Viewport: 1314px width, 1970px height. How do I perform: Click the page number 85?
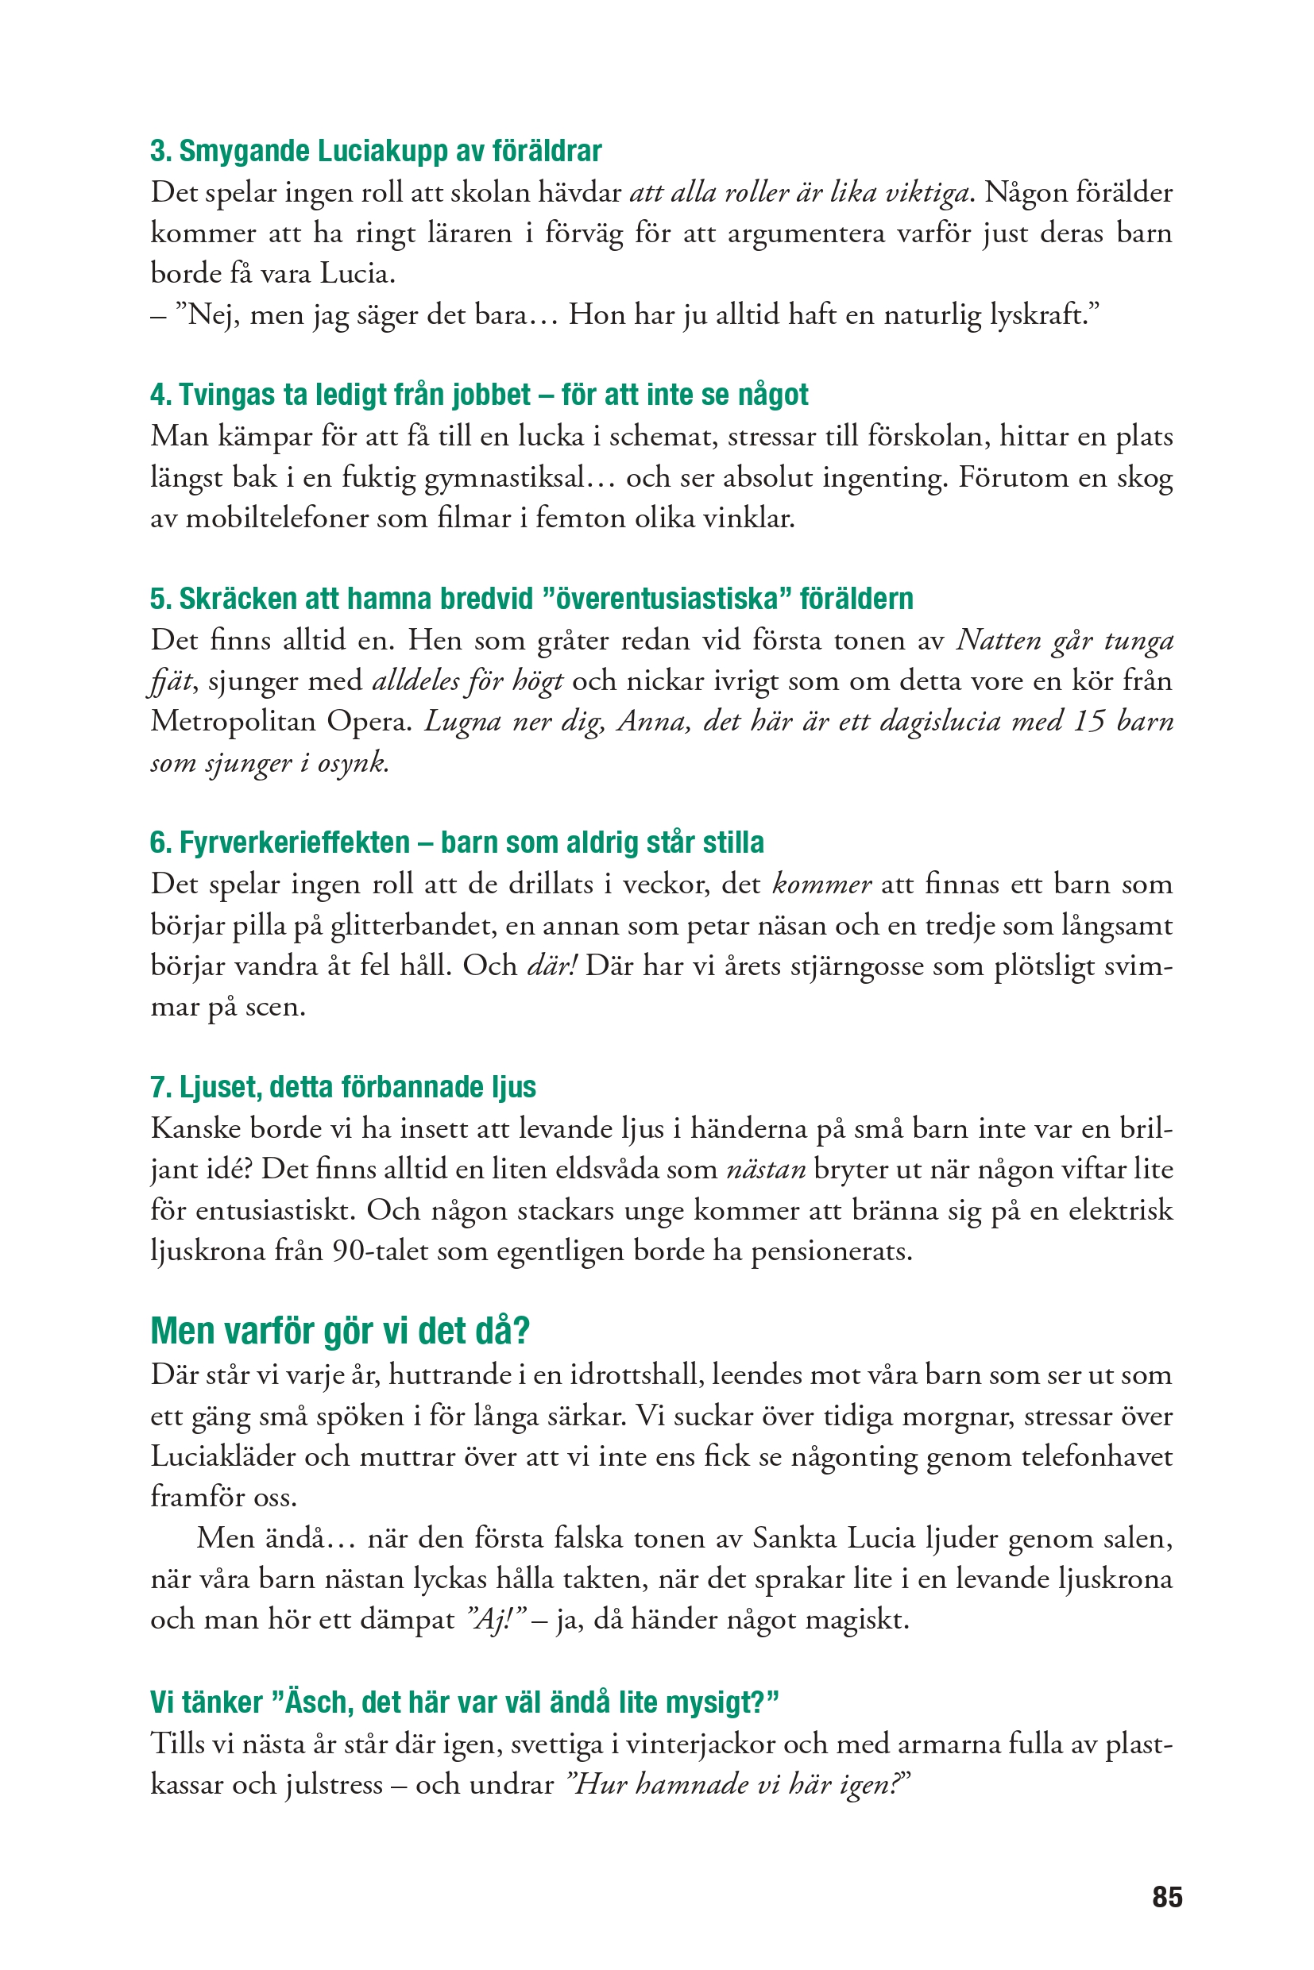pyautogui.click(x=1166, y=1896)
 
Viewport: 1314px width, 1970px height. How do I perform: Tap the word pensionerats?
pyautogui.click(x=830, y=1251)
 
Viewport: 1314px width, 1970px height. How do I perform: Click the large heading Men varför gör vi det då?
pyautogui.click(x=340, y=1331)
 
